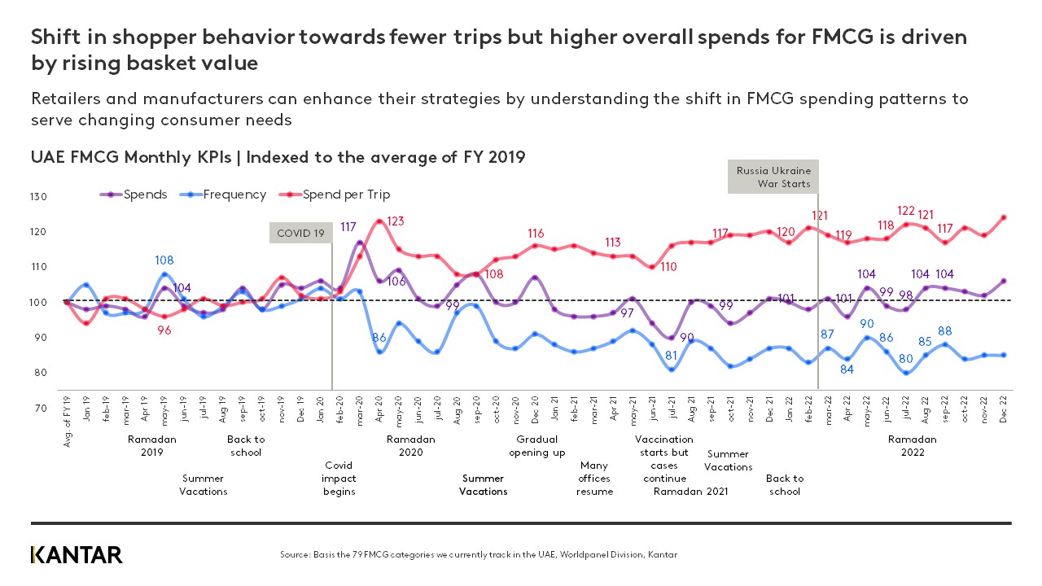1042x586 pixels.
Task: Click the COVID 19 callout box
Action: coord(300,234)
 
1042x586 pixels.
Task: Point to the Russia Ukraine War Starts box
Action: coord(773,177)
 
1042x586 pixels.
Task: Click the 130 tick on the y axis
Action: coord(40,197)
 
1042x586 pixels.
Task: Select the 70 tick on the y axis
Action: coord(40,409)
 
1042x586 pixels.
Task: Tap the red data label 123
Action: coord(396,221)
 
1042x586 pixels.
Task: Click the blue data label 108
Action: coord(164,260)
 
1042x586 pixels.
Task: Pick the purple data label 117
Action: coord(348,227)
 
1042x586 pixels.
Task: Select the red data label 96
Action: coord(164,330)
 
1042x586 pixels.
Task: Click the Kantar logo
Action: coord(77,555)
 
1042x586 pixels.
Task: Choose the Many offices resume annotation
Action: coord(594,479)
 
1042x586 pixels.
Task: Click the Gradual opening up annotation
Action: coord(537,446)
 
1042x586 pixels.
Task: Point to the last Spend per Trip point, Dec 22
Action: coord(1004,217)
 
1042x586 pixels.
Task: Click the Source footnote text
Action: coord(478,555)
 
